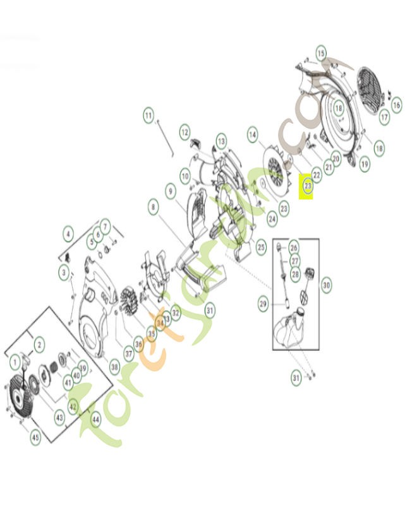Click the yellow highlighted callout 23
coord(308,187)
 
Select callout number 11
coord(148,116)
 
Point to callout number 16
coord(396,105)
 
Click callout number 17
coord(384,117)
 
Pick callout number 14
coord(253,134)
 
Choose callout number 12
coord(185,133)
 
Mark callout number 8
coord(153,205)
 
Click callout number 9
coord(170,189)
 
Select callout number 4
coord(68,234)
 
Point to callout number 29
coord(264,304)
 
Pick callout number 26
coord(294,247)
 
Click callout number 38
coord(114,365)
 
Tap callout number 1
coord(15,362)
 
